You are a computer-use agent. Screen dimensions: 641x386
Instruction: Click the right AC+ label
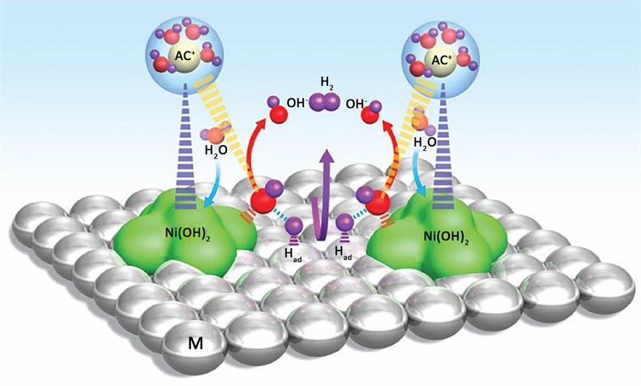click(x=440, y=61)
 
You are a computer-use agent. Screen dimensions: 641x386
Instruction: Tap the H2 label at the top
click(x=327, y=82)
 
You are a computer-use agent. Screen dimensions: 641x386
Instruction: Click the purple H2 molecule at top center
click(x=326, y=105)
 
